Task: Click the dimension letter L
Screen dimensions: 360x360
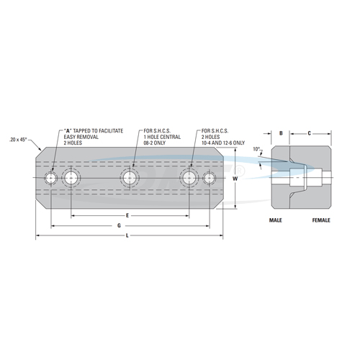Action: (127, 235)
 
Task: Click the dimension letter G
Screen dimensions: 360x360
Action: (119, 225)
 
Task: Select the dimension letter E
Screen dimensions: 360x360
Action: (127, 215)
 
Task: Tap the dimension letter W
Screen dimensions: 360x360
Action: (235, 179)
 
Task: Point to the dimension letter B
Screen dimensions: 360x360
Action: (281, 133)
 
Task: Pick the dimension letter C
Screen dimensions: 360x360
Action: (310, 133)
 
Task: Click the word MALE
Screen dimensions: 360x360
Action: (276, 220)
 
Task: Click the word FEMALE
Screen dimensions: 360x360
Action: (321, 220)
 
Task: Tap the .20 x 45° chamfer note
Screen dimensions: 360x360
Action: (18, 140)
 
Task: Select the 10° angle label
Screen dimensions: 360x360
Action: (256, 149)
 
